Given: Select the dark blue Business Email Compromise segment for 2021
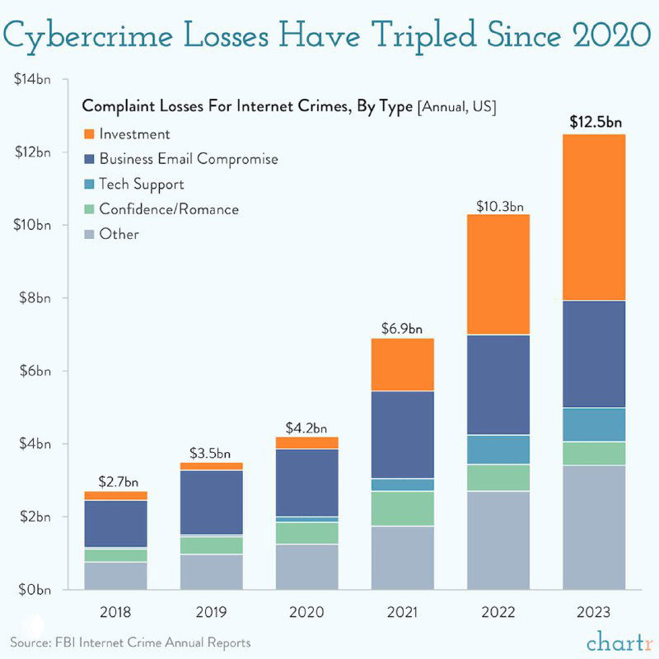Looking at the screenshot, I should click(x=402, y=434).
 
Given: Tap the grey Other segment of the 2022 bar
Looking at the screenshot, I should click(x=498, y=540).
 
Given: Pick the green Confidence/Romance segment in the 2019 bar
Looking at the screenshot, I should click(x=211, y=545).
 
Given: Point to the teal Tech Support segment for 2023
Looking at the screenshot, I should click(x=594, y=424).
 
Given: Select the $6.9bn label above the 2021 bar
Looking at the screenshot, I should click(x=402, y=328).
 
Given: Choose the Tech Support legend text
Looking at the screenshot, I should click(x=141, y=184).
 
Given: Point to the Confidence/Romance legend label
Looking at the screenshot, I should click(x=169, y=209).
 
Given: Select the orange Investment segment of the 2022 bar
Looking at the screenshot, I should click(x=498, y=274).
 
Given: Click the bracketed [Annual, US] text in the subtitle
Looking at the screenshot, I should click(x=460, y=107).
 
